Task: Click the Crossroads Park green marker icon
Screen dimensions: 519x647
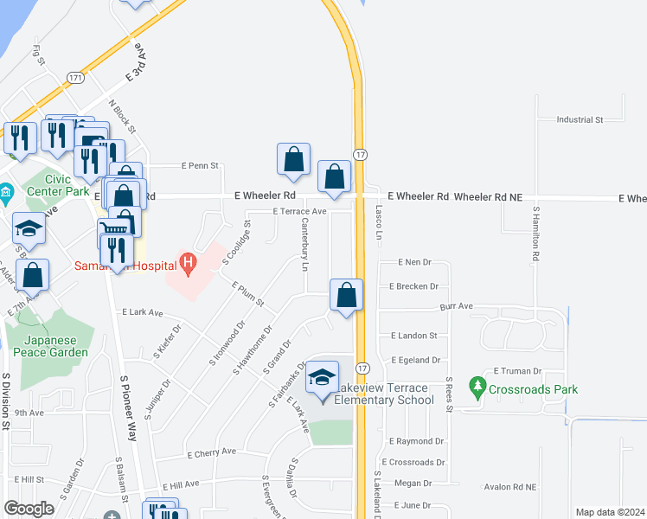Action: tap(476, 383)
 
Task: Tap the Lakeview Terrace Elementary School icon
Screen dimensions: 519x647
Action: tap(322, 378)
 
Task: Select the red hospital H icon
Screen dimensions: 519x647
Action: tap(187, 259)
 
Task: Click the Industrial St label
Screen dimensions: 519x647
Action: tap(580, 120)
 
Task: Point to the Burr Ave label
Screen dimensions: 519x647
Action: tap(456, 306)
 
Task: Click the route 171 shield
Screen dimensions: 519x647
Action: tap(76, 78)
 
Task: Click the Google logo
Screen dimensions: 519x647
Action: tap(29, 509)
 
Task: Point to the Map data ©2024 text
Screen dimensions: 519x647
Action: tap(610, 512)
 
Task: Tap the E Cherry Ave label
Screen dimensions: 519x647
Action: tap(212, 452)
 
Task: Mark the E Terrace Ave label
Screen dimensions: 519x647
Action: tap(299, 211)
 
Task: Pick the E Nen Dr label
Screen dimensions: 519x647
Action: tap(414, 262)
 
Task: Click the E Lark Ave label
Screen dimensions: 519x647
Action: tap(143, 312)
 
